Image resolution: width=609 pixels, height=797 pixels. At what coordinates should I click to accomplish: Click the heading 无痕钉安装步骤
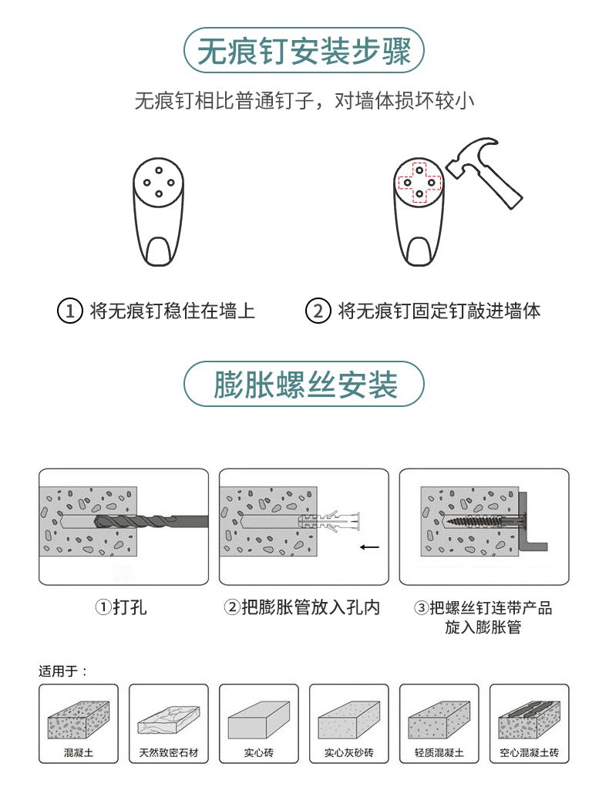pyautogui.click(x=304, y=51)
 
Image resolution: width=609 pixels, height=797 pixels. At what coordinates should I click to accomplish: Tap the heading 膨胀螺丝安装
pyautogui.click(x=305, y=385)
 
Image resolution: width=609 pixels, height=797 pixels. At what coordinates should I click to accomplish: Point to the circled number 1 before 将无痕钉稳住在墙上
pyautogui.click(x=69, y=311)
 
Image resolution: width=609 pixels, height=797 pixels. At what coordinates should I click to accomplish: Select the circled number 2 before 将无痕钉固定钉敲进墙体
pyautogui.click(x=318, y=311)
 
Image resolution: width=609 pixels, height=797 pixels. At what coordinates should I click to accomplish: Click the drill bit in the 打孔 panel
pyautogui.click(x=151, y=522)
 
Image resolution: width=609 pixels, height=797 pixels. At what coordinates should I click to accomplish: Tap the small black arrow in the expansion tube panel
pyautogui.click(x=369, y=547)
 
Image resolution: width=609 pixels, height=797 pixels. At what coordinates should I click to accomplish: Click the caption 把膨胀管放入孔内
pyautogui.click(x=311, y=607)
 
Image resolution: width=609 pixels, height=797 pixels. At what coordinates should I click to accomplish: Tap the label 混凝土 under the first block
pyautogui.click(x=79, y=753)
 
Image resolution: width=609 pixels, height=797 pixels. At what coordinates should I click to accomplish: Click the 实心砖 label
pyautogui.click(x=259, y=753)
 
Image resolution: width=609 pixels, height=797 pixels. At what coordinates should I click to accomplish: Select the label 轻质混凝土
pyautogui.click(x=439, y=753)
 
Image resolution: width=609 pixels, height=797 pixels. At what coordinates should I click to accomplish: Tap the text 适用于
pyautogui.click(x=59, y=671)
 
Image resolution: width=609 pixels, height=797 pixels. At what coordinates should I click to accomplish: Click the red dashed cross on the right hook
pyautogui.click(x=419, y=183)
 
